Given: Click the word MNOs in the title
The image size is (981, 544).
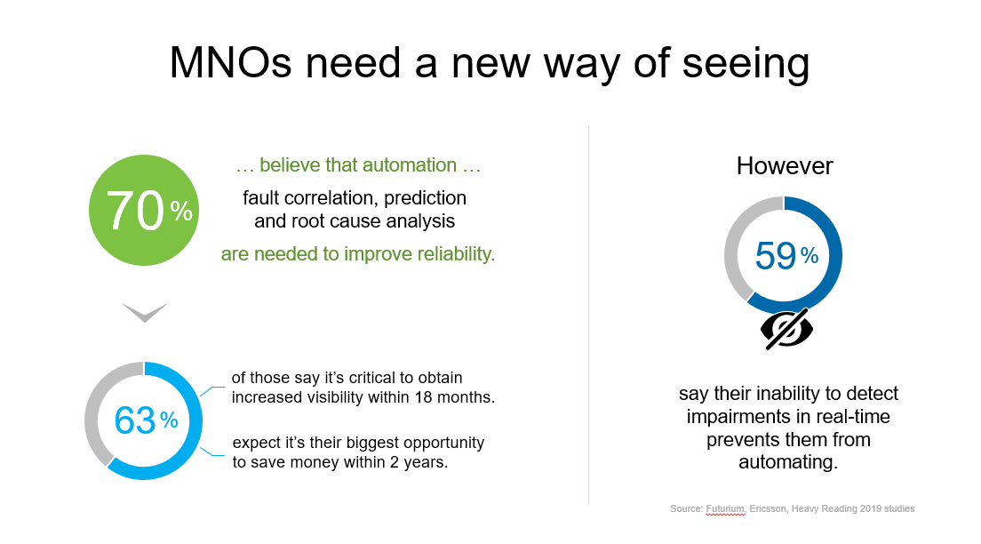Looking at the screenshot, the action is [x=231, y=62].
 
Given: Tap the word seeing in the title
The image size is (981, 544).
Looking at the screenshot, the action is [x=746, y=66].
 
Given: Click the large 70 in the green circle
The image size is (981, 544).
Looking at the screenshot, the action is [x=135, y=211].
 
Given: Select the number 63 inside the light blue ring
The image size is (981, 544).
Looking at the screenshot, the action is [x=134, y=420].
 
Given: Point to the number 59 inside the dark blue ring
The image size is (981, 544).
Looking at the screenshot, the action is [x=776, y=255].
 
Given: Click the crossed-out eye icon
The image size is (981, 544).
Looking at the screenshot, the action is [x=786, y=329].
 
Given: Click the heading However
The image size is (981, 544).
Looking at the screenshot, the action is [x=785, y=166].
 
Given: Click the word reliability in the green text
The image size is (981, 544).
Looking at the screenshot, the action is [x=456, y=254].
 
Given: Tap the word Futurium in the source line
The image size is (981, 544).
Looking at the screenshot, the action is [x=725, y=509].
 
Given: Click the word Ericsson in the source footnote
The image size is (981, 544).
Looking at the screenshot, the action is [x=767, y=509].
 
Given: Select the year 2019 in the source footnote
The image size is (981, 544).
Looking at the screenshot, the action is [x=871, y=509].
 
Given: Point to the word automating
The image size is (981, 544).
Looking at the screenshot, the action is [x=788, y=462].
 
